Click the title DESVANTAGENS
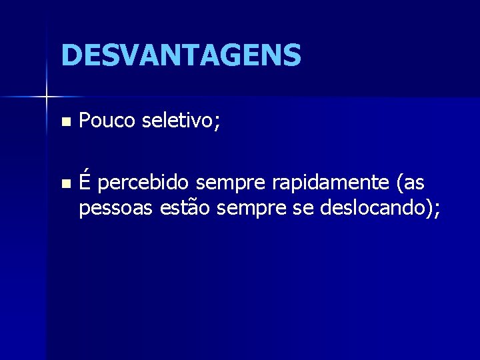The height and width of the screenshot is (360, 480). pos(181,55)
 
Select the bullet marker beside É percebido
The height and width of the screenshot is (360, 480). pos(64,183)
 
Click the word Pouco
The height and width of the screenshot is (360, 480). pos(107,121)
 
